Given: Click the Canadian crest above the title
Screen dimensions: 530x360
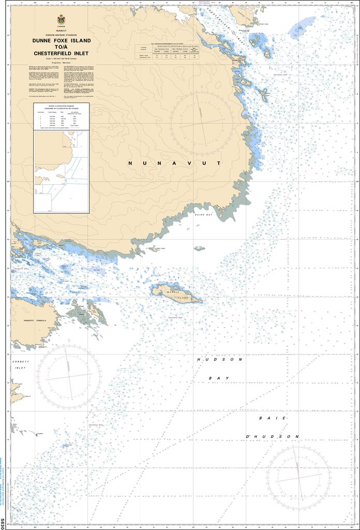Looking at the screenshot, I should pos(62,20).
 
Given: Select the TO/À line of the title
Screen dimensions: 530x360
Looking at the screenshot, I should pos(62,47).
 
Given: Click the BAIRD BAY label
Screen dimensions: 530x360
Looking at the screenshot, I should pos(204,214).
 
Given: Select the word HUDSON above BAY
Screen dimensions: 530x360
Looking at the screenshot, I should pos(219,359).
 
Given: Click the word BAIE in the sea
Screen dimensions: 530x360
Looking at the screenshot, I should pos(267,417).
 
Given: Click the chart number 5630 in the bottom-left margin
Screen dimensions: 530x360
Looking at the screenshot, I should pos(3,524).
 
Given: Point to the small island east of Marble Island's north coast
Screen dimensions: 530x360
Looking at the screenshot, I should pos(199,248).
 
